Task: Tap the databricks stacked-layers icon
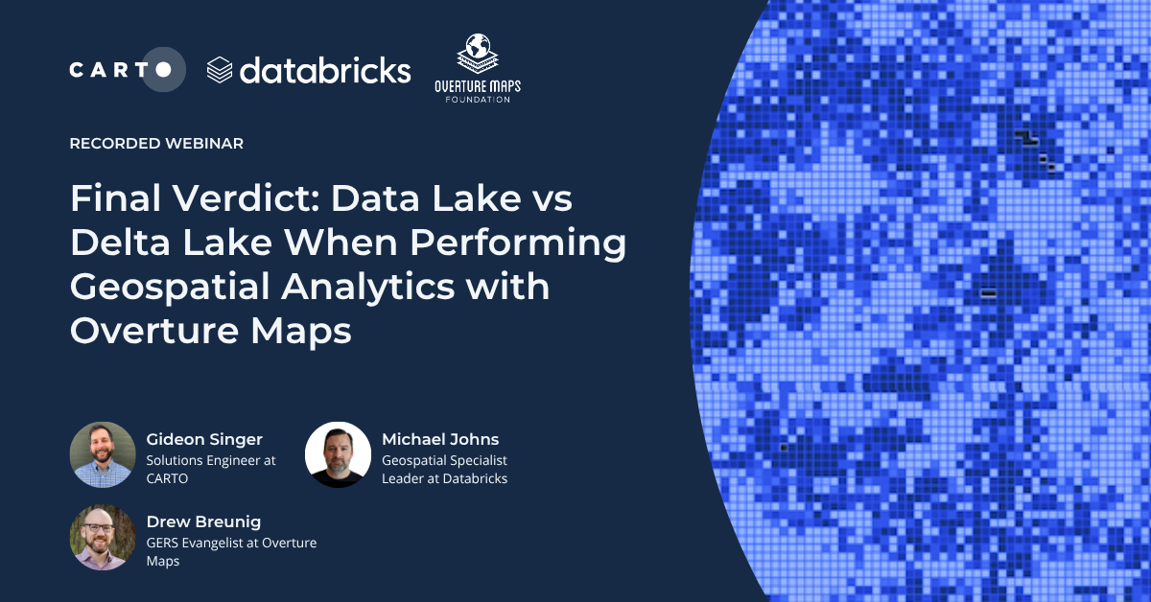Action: [220, 70]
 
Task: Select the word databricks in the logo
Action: [325, 70]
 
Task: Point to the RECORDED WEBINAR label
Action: [156, 144]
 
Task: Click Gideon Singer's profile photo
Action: [103, 454]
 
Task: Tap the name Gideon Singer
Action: [204, 440]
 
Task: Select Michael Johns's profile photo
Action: [338, 454]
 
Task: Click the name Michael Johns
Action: [440, 440]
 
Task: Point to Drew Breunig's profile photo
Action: [103, 538]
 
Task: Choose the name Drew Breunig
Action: [203, 522]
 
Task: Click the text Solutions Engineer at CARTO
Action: [211, 469]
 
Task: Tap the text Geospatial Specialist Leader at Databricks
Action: [444, 469]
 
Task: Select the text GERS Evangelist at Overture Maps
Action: [231, 552]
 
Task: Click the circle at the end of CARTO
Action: [164, 70]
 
